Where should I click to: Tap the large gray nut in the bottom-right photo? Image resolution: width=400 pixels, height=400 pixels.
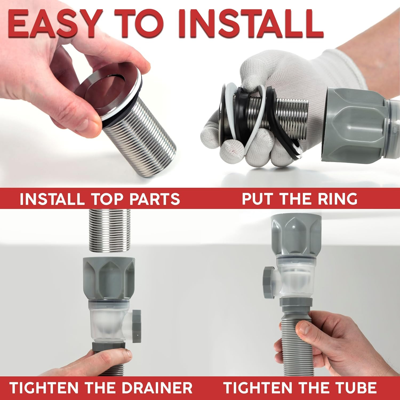[296, 235]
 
